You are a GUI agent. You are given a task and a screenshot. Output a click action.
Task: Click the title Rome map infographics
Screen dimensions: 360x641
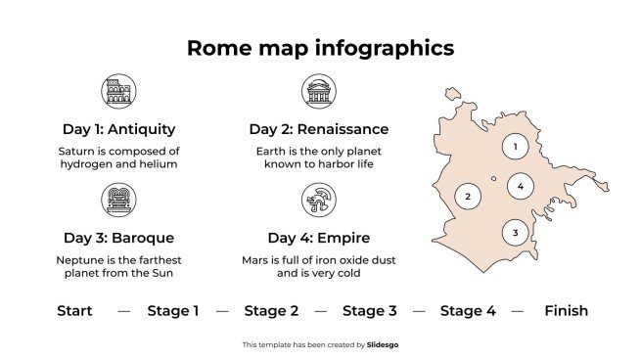coord(320,48)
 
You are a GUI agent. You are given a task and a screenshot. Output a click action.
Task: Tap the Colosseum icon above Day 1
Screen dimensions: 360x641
coord(118,93)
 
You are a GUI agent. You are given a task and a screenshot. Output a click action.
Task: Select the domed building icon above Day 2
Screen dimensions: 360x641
coord(318,93)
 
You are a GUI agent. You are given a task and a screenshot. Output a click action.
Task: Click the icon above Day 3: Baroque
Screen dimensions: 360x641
coord(118,202)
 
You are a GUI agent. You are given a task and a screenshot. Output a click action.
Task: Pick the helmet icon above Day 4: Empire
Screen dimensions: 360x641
coord(318,202)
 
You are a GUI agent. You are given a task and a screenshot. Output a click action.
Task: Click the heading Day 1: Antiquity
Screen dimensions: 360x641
coord(118,129)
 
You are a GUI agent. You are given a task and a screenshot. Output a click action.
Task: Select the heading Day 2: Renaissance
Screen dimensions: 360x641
coord(318,129)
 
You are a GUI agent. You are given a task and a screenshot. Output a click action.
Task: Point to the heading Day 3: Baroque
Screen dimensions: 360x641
coord(118,238)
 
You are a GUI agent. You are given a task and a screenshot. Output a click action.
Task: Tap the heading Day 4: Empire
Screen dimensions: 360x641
coord(318,238)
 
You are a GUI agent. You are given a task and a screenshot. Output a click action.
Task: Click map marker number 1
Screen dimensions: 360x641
coord(515,148)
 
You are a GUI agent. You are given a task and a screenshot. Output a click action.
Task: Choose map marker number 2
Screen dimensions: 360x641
coord(468,197)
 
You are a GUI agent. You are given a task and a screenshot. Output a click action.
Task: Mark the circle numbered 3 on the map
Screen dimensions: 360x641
coord(515,233)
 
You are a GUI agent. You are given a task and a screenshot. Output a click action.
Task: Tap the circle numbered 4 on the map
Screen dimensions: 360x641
coord(521,186)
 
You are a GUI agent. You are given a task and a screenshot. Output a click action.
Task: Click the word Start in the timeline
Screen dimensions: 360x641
coord(74,311)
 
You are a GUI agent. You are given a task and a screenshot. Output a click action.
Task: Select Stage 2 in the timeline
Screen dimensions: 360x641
coord(271,311)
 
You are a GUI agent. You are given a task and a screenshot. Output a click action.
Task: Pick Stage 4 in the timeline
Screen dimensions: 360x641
coord(468,311)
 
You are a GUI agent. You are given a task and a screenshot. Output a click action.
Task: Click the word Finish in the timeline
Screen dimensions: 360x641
coord(566,311)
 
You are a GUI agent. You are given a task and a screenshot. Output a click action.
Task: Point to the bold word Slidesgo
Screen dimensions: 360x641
coord(383,344)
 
